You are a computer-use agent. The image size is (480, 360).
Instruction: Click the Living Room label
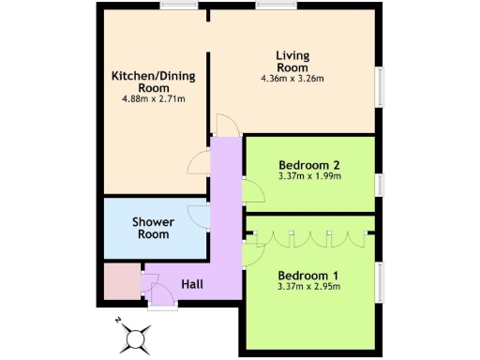point(292,61)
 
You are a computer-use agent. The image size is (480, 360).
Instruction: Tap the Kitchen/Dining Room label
point(146,81)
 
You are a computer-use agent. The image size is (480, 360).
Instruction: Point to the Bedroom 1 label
point(308,275)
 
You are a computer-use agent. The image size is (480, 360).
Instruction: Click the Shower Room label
point(153,228)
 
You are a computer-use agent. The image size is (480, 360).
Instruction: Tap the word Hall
point(192,283)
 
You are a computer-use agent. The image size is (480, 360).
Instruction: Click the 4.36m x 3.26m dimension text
point(292,79)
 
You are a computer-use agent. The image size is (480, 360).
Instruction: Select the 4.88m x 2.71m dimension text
point(146,97)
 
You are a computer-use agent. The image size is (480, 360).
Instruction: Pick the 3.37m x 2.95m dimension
point(308,287)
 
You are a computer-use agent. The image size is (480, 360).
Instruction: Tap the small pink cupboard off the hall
point(120,282)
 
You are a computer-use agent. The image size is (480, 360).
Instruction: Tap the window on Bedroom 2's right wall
point(379,185)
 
